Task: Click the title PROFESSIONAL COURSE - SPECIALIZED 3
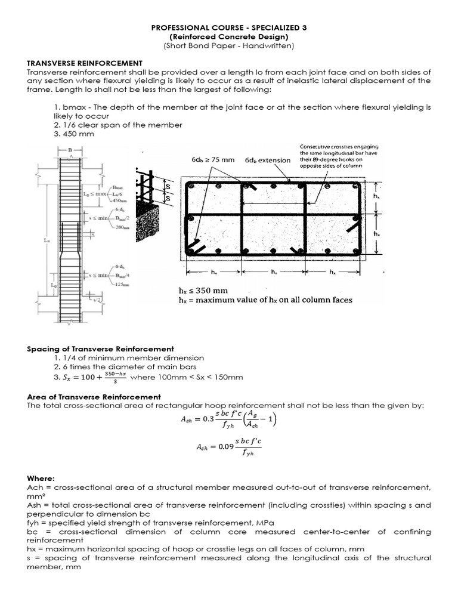(228, 28)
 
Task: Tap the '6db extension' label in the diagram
(267, 160)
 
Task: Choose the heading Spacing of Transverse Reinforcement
(101, 348)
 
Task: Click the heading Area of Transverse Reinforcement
(94, 396)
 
